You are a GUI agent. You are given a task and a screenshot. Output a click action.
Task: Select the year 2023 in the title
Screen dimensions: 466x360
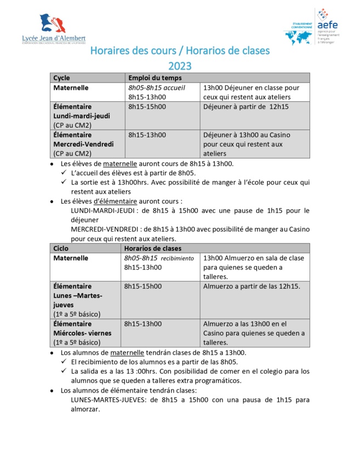(x=180, y=66)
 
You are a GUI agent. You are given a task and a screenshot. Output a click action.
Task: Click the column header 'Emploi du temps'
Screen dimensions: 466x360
(x=151, y=78)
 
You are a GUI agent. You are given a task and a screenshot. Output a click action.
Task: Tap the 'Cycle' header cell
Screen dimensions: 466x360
(x=62, y=78)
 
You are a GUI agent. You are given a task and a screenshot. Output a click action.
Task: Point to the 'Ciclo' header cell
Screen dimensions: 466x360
(x=61, y=248)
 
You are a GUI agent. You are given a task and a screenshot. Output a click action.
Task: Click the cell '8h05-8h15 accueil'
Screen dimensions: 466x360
(x=157, y=88)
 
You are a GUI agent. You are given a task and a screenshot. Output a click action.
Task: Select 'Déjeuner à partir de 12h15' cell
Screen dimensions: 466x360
(x=245, y=107)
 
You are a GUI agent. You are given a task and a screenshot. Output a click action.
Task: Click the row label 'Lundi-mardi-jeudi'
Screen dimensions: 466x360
(x=82, y=116)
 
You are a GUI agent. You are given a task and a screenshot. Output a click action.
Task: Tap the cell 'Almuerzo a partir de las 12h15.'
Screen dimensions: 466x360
(x=252, y=286)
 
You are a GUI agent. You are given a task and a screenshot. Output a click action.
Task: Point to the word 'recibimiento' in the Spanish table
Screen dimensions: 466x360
(x=177, y=258)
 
